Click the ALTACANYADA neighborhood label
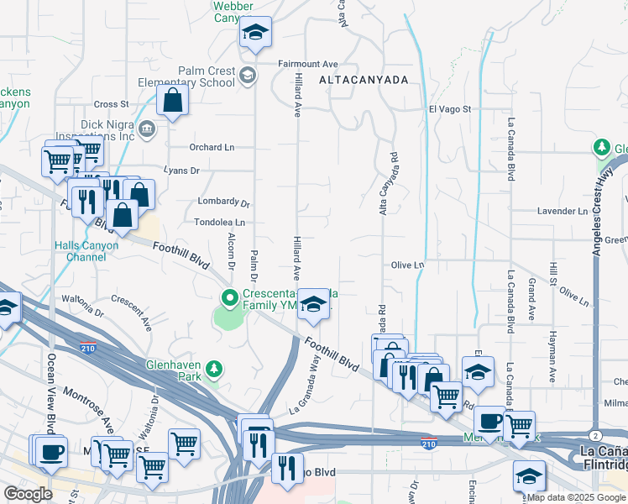coord(363,80)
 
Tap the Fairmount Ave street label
coord(308,64)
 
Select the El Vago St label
coord(450,109)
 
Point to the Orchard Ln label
coord(210,147)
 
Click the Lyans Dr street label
coord(182,170)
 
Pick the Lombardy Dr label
coord(223,202)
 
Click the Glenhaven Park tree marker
coord(215,369)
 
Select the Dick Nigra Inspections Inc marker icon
coord(147,129)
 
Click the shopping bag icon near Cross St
coord(172,100)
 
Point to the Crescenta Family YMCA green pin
coord(228,298)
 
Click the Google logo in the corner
coord(29,494)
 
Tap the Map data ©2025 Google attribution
coord(577,497)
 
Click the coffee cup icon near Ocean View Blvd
coord(52,450)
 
